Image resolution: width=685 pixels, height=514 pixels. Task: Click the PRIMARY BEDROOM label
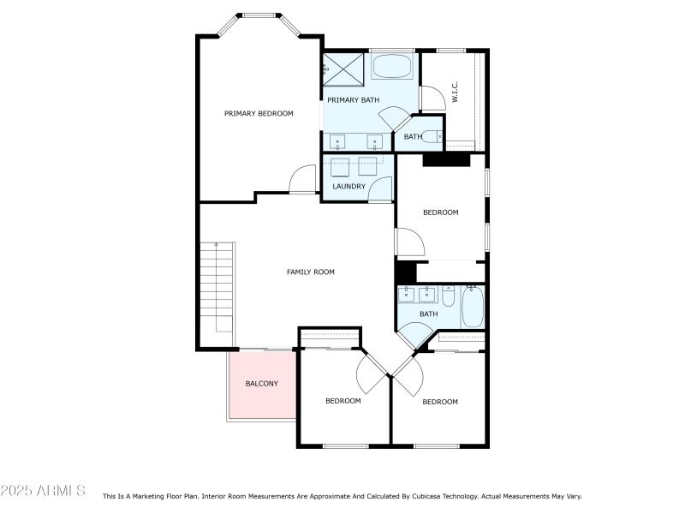259,113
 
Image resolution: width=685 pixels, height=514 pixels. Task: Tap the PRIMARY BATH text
353,100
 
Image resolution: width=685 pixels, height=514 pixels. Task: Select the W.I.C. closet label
456,93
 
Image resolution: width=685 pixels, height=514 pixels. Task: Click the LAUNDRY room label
349,186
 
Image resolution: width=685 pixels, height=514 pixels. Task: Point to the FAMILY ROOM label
310,272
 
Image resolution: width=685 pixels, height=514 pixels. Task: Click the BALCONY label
261,383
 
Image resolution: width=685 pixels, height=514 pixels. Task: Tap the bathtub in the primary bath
393,68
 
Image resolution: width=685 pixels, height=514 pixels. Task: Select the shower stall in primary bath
342,69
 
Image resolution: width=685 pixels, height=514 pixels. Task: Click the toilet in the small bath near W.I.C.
434,136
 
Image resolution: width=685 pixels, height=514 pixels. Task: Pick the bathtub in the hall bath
474,307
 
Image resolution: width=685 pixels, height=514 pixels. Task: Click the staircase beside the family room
217,287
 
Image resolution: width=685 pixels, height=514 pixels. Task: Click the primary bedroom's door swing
302,180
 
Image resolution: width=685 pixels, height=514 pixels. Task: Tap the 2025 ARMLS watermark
43,491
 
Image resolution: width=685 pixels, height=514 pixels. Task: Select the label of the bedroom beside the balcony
342,400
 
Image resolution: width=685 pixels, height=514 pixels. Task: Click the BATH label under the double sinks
428,314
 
